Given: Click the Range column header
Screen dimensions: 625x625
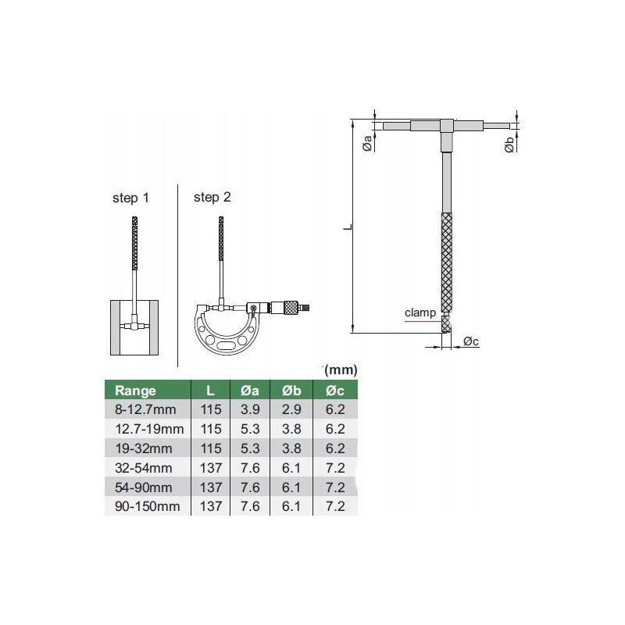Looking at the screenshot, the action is click(135, 390).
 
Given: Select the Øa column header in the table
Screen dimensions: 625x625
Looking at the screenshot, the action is click(250, 390).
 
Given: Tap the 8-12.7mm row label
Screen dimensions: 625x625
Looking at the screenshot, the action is click(145, 409).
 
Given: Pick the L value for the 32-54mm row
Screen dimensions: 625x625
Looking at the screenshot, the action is click(211, 467).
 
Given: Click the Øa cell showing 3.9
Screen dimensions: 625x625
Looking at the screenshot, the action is click(250, 409).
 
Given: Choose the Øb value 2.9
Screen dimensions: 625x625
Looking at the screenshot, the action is click(291, 409).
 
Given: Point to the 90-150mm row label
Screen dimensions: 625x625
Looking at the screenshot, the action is click(148, 506).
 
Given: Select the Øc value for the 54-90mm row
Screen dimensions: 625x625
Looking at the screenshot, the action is click(335, 487).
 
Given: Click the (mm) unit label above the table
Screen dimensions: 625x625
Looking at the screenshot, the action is click(341, 370).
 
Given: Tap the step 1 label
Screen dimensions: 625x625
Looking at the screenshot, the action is click(130, 198).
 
